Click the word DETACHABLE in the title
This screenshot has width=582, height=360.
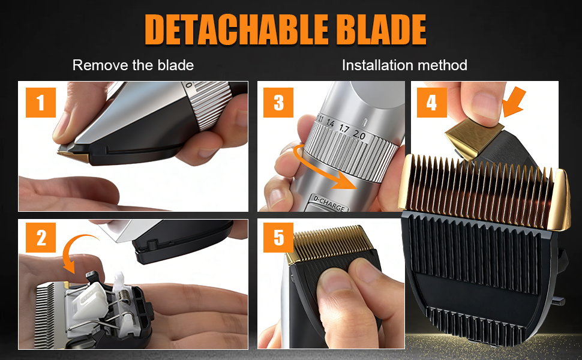(236, 29)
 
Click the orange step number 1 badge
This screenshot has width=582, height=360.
(40, 103)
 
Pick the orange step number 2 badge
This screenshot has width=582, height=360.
(40, 238)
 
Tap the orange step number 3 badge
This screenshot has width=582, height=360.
(278, 103)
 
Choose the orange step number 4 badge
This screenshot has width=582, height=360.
(431, 103)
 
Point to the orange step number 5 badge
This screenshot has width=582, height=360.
(278, 238)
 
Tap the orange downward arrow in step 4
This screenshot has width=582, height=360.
(515, 101)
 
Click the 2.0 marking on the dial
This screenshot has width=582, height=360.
(359, 134)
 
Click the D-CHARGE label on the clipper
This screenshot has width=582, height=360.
(329, 203)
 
